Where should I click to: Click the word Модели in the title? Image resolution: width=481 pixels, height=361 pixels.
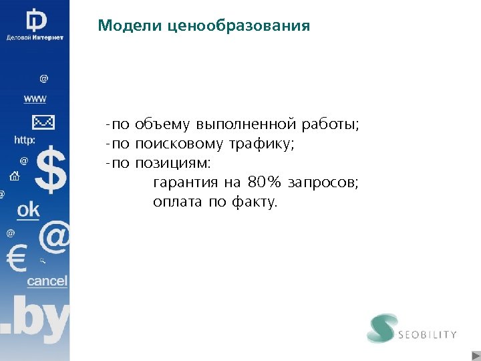click(122, 26)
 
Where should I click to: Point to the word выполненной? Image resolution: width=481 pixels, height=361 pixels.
click(246, 125)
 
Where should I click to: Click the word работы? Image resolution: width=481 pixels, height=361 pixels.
click(330, 125)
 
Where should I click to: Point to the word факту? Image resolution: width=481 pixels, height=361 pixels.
click(253, 201)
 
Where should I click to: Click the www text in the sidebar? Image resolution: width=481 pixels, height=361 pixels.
click(35, 99)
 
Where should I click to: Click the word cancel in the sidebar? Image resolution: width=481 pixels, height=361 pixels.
click(47, 281)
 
